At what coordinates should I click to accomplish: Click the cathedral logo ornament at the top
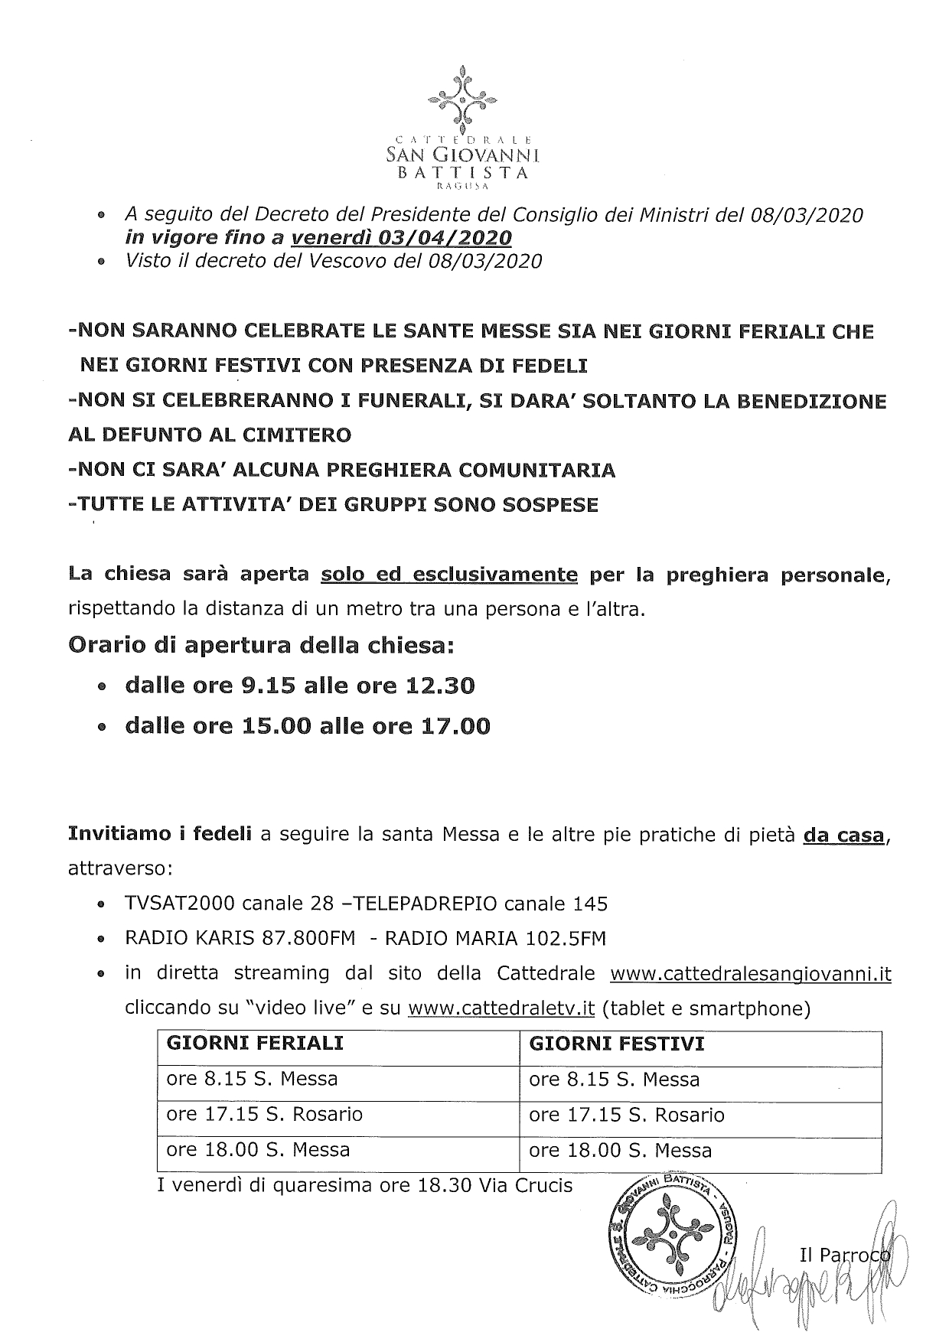pos(461,99)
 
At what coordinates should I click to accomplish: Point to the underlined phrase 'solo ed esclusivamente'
pos(449,575)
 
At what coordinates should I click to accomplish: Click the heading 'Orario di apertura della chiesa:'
pos(262,646)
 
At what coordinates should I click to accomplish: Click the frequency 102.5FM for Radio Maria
pos(561,939)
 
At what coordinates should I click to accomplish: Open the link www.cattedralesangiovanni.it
pos(750,974)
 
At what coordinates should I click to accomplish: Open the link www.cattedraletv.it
pos(501,1008)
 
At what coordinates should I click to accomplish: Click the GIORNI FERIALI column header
pos(255,1044)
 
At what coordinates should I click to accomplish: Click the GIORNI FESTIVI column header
pos(617,1044)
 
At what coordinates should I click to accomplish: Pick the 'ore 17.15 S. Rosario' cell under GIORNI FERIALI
pos(265,1114)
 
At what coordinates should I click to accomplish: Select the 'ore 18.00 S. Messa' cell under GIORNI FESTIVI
pos(620,1150)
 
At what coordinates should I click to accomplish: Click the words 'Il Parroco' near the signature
pos(844,1255)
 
